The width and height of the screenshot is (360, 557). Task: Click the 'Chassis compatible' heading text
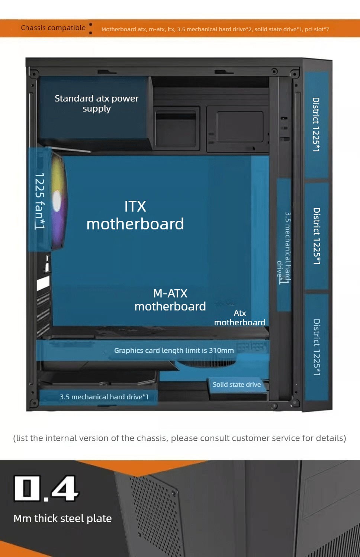pyautogui.click(x=53, y=28)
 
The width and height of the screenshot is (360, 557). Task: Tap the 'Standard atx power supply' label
pyautogui.click(x=97, y=103)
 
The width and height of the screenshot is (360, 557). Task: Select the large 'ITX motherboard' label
pyautogui.click(x=135, y=215)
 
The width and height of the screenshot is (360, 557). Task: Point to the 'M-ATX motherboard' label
pyautogui.click(x=170, y=300)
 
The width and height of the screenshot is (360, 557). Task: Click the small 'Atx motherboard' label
pyautogui.click(x=240, y=318)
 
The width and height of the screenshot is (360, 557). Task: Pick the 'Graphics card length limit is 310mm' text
pyautogui.click(x=174, y=351)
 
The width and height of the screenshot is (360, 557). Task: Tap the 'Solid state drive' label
pyautogui.click(x=237, y=384)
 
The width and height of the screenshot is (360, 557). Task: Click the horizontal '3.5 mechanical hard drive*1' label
pyautogui.click(x=104, y=397)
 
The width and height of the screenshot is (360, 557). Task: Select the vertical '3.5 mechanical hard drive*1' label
pyautogui.click(x=284, y=248)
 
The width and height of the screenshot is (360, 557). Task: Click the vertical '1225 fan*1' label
pyautogui.click(x=40, y=201)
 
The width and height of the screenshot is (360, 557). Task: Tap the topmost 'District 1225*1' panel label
pyautogui.click(x=316, y=124)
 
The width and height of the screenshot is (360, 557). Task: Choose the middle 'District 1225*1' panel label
pyautogui.click(x=316, y=236)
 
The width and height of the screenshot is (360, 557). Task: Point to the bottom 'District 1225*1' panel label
pyautogui.click(x=316, y=347)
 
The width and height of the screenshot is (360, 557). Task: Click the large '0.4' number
pyautogui.click(x=46, y=489)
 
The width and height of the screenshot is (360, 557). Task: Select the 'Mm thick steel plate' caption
pyautogui.click(x=63, y=518)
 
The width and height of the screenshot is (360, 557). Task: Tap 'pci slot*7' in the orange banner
pyautogui.click(x=317, y=29)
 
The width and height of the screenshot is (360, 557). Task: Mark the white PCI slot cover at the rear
pyautogui.click(x=43, y=283)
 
